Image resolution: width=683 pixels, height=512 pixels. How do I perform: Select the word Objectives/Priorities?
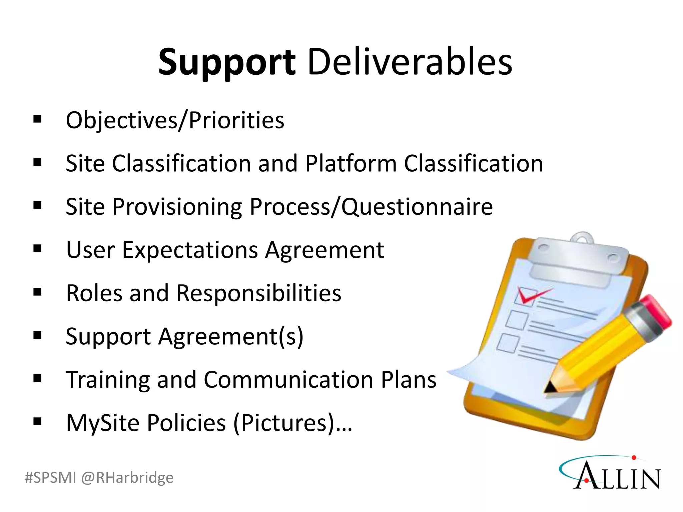click(x=175, y=121)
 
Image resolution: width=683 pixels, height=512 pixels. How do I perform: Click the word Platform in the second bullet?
click(x=351, y=164)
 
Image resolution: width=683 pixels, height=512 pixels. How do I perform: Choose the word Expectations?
click(x=190, y=250)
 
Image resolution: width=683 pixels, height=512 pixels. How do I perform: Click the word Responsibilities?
click(x=258, y=293)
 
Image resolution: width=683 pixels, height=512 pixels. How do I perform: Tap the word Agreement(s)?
click(x=231, y=337)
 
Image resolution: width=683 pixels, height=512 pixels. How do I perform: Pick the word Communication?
click(x=288, y=380)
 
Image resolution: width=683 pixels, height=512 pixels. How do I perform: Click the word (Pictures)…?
click(x=292, y=423)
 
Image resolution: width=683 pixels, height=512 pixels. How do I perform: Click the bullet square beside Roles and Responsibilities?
click(x=37, y=292)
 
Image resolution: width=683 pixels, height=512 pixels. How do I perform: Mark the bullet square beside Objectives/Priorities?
click(x=37, y=119)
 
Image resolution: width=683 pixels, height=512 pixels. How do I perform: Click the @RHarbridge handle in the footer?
click(x=127, y=478)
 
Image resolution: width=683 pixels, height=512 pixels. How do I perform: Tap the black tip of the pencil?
click(x=549, y=387)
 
